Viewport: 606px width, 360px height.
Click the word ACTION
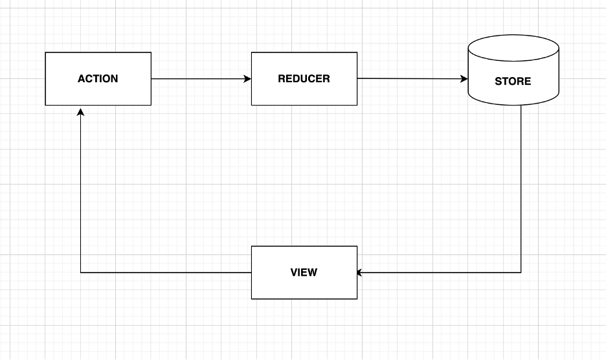[x=98, y=79]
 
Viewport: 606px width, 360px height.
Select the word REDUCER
[x=304, y=79]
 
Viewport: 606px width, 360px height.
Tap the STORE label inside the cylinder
[x=513, y=82]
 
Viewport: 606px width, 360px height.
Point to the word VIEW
[x=304, y=273]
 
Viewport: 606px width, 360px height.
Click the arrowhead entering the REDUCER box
[x=247, y=79]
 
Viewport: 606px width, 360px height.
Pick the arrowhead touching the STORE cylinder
[x=464, y=79]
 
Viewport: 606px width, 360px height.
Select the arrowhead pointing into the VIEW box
[x=361, y=273]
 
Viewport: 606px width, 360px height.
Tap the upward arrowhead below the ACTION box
[x=80, y=113]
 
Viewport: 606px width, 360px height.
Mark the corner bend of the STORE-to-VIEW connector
[x=521, y=273]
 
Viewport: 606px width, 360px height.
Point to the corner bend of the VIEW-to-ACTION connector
[x=80, y=273]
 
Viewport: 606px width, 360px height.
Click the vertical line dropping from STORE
[x=521, y=188]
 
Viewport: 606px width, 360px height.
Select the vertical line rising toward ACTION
[x=80, y=194]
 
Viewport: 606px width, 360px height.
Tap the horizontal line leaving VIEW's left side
[x=165, y=273]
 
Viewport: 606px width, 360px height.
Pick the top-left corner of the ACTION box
[x=45, y=53]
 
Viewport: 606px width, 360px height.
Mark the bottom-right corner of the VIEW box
[x=357, y=298]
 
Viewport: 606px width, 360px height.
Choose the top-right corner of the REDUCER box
[x=357, y=53]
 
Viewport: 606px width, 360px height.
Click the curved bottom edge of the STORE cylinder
[x=513, y=104]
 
